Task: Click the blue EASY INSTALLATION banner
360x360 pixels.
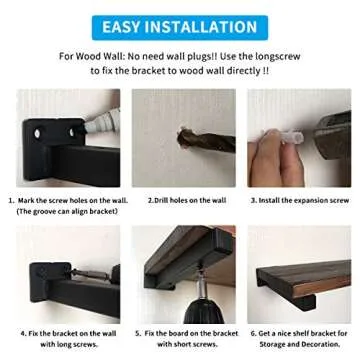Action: pos(179,26)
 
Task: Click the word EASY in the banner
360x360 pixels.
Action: pos(129,26)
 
